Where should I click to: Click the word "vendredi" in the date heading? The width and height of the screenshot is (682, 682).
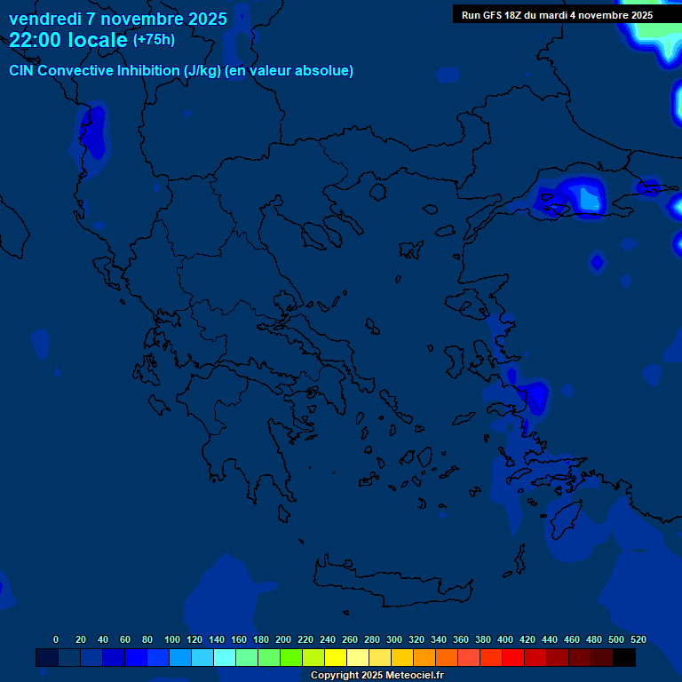(44, 19)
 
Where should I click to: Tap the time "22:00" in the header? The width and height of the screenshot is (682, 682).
(35, 40)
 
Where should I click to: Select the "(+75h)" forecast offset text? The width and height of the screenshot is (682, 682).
(154, 40)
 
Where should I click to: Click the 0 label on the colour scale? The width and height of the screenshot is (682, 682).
(56, 639)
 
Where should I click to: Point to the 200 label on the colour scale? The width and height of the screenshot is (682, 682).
(283, 639)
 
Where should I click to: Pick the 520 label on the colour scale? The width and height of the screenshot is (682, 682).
(638, 639)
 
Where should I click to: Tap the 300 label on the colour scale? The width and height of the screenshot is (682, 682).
(394, 639)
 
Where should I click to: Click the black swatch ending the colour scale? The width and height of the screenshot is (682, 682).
(624, 657)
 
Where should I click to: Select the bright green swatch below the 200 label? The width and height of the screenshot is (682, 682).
(291, 657)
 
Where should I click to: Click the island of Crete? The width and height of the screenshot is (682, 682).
(391, 586)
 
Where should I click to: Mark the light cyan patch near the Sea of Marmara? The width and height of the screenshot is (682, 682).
(587, 198)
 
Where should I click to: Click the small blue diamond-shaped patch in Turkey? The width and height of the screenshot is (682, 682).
(597, 261)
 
